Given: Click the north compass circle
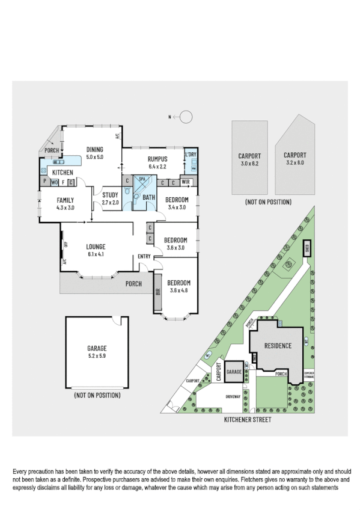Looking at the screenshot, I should (x=186, y=117).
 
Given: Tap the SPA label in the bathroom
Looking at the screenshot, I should (x=142, y=180).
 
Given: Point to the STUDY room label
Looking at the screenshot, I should (x=110, y=195).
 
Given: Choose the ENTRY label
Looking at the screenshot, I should (x=144, y=257).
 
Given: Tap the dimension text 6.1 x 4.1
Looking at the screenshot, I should (x=96, y=254).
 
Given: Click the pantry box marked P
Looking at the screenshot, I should (x=44, y=182).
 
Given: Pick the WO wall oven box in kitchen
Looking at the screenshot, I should (x=55, y=182).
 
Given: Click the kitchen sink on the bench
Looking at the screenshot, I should (x=58, y=161).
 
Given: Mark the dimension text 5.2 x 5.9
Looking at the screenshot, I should (x=96, y=355).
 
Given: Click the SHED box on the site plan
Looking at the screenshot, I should (x=307, y=247).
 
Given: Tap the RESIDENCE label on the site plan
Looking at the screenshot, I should (x=276, y=346).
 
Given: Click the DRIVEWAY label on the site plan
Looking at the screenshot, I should (x=233, y=398).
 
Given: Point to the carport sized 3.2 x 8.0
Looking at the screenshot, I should (x=294, y=158).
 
